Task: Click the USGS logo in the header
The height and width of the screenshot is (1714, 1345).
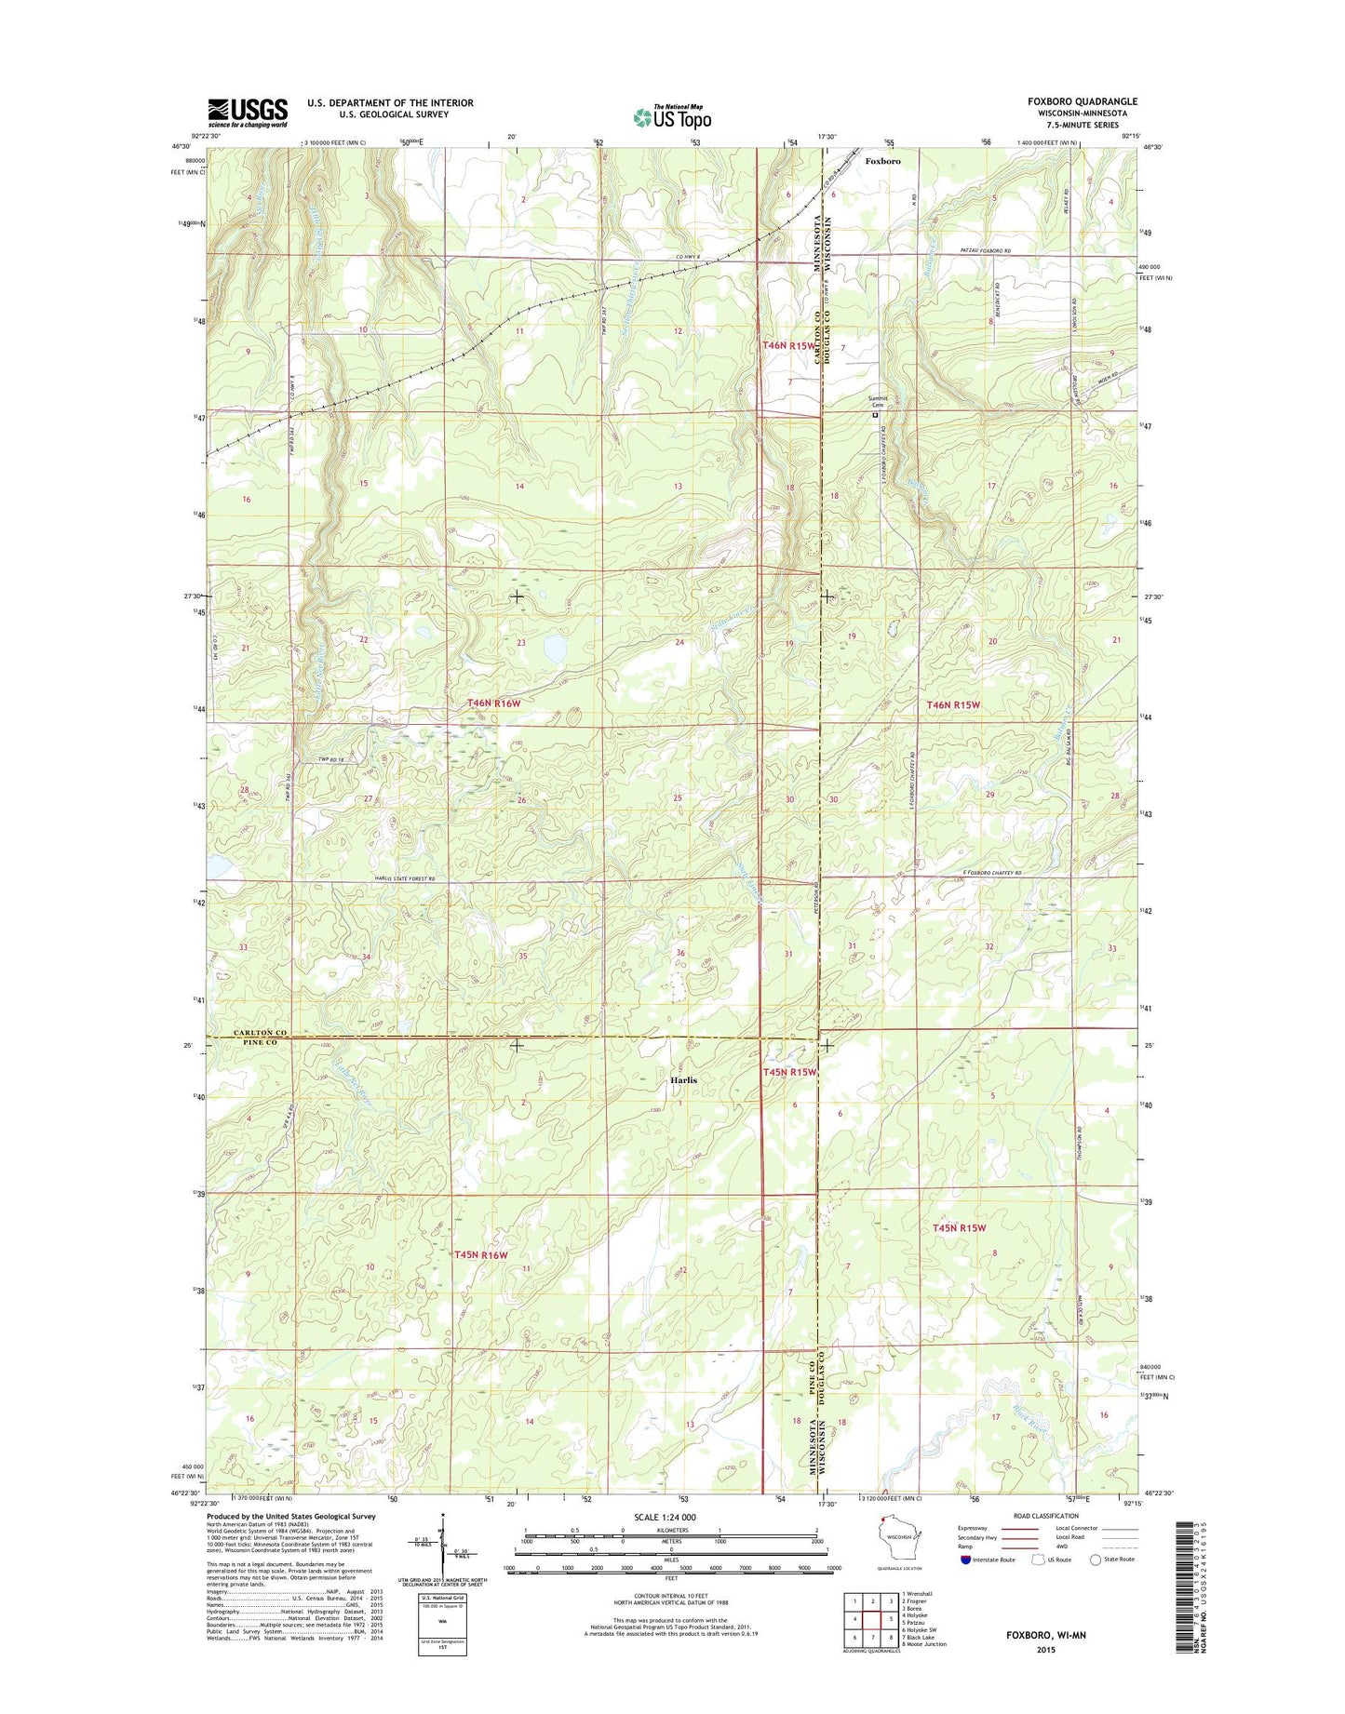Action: point(247,112)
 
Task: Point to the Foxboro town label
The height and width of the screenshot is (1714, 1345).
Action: point(882,161)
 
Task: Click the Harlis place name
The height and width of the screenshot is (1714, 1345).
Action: point(683,1080)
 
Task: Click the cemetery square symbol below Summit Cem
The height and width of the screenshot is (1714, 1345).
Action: point(874,416)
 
